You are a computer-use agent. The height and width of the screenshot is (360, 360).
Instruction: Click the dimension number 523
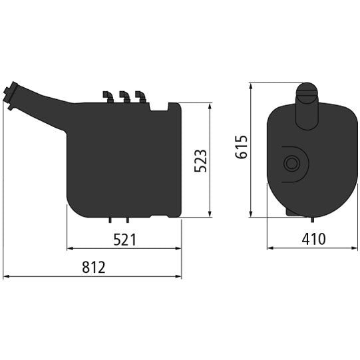201,161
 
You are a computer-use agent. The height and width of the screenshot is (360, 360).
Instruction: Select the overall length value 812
94,268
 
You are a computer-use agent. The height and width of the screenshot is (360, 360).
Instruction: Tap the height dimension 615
242,148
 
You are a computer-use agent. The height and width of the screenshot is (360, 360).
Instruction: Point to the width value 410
312,239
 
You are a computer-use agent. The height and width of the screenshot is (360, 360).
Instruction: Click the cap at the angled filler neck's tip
10,91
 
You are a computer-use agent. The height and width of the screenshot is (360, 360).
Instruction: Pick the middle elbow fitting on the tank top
123,97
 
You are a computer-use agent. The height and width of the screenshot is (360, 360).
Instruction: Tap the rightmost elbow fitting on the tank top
138,97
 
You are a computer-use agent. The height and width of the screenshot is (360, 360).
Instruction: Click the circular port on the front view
291,163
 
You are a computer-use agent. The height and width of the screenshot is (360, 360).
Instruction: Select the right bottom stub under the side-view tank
124,219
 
